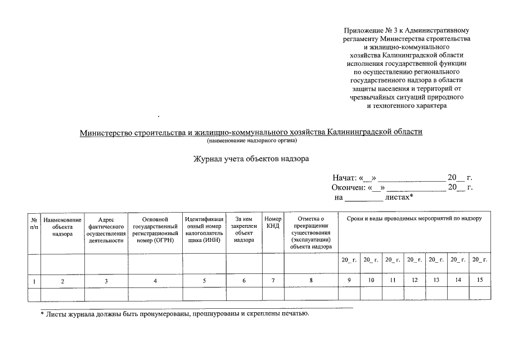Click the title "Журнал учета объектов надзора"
(251, 159)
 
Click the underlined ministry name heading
(251, 132)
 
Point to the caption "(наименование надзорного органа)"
(251, 140)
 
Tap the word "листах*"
(399, 197)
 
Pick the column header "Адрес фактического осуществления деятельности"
(106, 229)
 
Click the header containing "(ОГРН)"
(155, 229)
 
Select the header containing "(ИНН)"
(204, 229)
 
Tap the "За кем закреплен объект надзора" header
(244, 229)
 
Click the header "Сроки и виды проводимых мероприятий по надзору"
(414, 218)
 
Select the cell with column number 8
(311, 280)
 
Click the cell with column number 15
(480, 280)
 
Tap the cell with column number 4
(155, 280)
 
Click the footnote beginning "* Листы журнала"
(175, 313)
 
